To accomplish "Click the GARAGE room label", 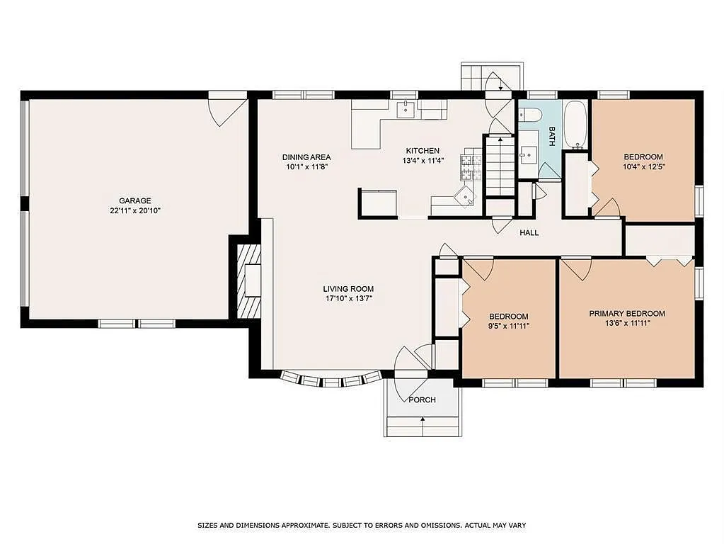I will [x=134, y=200].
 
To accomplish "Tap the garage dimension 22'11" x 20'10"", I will [x=134, y=210].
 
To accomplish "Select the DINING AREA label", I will [x=306, y=157].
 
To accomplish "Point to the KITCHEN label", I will [x=423, y=151].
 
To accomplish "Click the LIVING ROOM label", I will [x=348, y=289].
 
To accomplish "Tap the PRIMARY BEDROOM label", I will [x=627, y=313].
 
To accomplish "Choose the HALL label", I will [x=529, y=232].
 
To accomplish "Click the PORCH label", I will [x=423, y=400].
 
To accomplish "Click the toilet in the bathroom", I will [x=530, y=114].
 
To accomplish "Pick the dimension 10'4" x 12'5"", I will [x=643, y=167].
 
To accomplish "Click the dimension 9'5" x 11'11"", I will [x=509, y=326].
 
